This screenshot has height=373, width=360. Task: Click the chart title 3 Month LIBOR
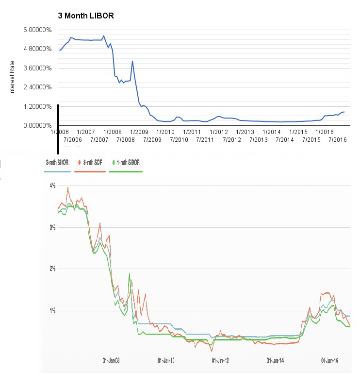pos(85,17)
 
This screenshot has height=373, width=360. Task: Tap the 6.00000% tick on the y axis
pos(37,30)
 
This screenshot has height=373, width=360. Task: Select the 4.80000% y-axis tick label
pos(37,49)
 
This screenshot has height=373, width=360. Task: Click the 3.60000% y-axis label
pos(37,68)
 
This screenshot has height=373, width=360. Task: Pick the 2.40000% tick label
pos(37,87)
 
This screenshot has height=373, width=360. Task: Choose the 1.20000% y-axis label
pos(37,106)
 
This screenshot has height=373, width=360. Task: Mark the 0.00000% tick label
pos(37,125)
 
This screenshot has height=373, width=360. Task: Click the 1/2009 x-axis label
pos(140,132)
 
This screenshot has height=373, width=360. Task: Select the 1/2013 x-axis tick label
pos(245,132)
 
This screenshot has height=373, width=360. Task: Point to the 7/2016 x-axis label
pos(337,140)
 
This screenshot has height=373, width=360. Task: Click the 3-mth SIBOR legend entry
pos(57,163)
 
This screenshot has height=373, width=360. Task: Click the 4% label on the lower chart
pos(52,186)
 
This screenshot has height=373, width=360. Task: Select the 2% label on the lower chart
pos(52,269)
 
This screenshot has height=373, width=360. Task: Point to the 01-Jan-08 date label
pos(112,361)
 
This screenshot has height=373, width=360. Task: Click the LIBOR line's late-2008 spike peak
pos(132,61)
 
